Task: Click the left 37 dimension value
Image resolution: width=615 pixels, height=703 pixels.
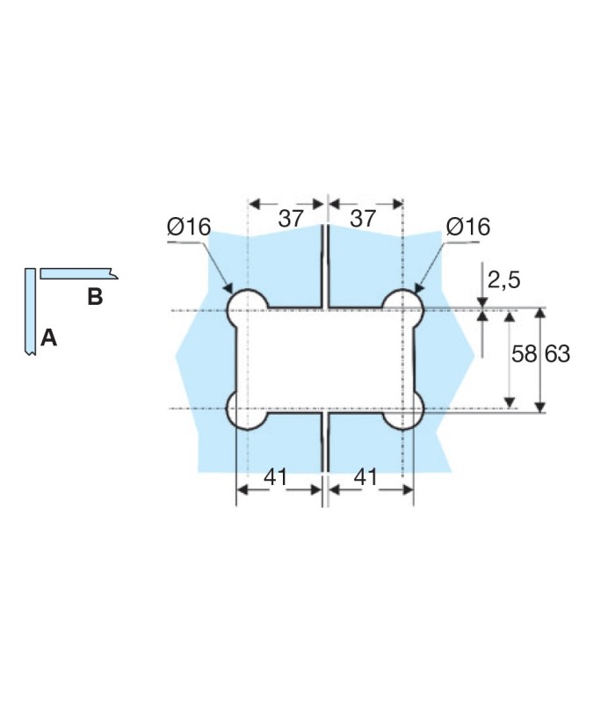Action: pyautogui.click(x=292, y=218)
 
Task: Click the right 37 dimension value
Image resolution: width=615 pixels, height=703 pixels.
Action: pyautogui.click(x=363, y=218)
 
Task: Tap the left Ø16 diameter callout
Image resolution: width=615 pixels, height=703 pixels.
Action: pyautogui.click(x=189, y=227)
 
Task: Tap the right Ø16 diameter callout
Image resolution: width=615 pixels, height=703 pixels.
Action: pyautogui.click(x=468, y=227)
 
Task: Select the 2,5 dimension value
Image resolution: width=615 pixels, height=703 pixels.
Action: pyautogui.click(x=503, y=280)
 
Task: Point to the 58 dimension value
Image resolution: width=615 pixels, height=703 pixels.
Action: pyautogui.click(x=524, y=354)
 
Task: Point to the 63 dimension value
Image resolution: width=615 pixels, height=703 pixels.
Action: pyautogui.click(x=558, y=354)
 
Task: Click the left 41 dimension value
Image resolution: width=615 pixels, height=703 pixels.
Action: pyautogui.click(x=275, y=477)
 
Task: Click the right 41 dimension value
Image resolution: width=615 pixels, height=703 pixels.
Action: pyautogui.click(x=365, y=477)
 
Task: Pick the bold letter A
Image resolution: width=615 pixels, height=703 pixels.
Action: pyautogui.click(x=49, y=337)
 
